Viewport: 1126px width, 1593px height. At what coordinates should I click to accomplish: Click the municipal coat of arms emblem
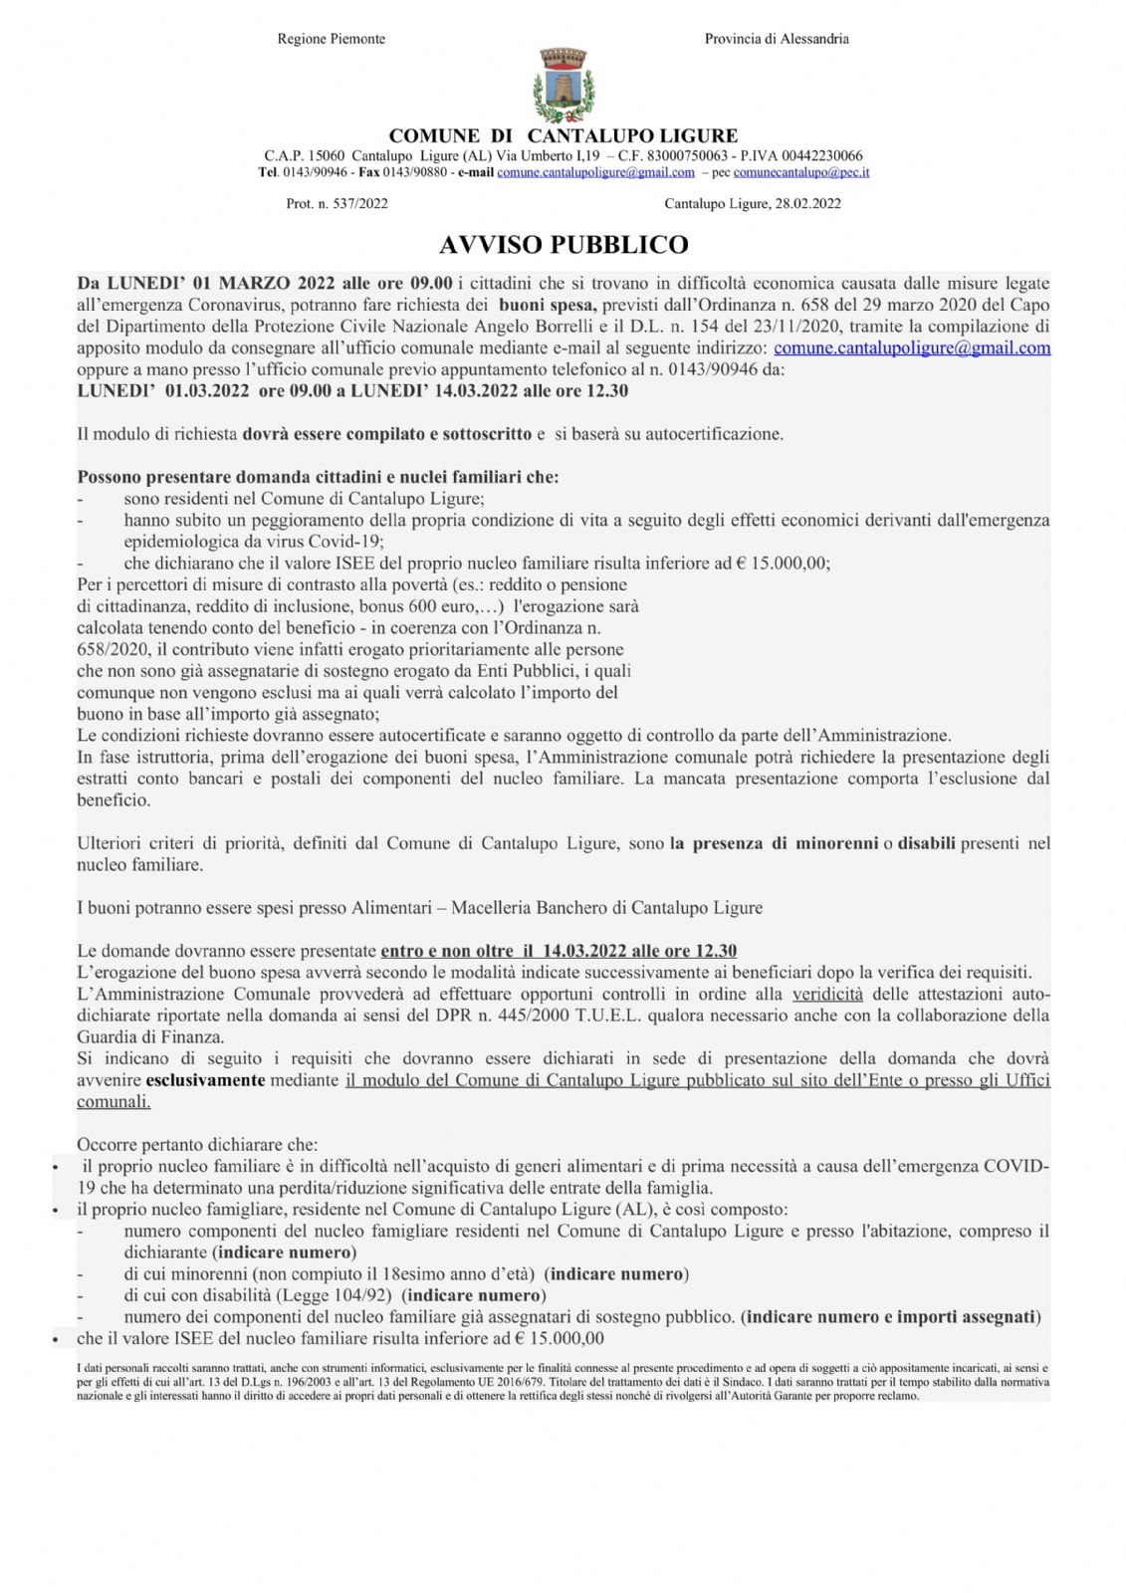[563, 86]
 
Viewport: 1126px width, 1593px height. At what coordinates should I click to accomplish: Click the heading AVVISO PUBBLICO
[563, 245]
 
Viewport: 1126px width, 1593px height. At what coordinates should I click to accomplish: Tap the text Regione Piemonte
[331, 39]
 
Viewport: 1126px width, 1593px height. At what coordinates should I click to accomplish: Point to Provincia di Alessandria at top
[777, 39]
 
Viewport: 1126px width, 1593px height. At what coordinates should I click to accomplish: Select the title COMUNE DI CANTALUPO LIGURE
[563, 136]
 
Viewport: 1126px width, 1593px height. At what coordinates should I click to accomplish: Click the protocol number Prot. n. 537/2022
[337, 204]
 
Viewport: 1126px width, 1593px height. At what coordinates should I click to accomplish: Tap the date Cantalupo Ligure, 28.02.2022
[753, 204]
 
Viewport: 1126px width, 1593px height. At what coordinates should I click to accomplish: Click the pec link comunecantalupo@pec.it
[801, 172]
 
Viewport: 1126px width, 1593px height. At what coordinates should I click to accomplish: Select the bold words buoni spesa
[547, 306]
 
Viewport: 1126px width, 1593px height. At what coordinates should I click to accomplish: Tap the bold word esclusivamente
[205, 1080]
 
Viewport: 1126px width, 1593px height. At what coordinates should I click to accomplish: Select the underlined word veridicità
[827, 994]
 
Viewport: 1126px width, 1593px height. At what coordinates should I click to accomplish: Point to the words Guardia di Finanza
[150, 1037]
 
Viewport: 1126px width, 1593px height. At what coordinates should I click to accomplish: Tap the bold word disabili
[926, 843]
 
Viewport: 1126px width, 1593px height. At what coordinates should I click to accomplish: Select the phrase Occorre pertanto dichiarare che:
[197, 1145]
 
